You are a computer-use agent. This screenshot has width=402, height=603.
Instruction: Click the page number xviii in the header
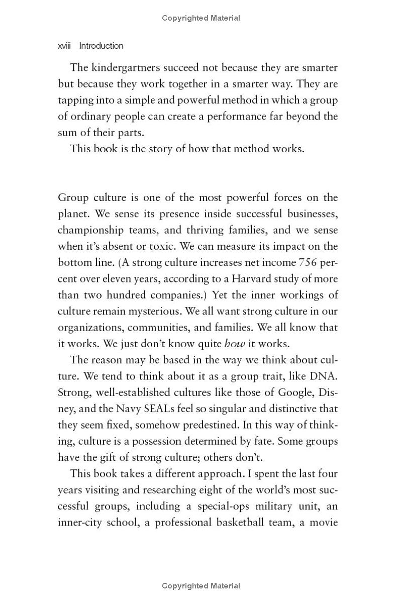pyautogui.click(x=64, y=46)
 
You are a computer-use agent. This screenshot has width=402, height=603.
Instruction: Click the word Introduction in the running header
pyautogui.click(x=101, y=46)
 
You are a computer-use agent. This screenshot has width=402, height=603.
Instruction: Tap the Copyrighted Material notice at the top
pyautogui.click(x=201, y=18)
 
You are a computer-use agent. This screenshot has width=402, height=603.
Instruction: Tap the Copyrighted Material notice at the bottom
pyautogui.click(x=201, y=586)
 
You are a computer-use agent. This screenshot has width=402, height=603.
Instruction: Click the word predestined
pyautogui.click(x=208, y=425)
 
